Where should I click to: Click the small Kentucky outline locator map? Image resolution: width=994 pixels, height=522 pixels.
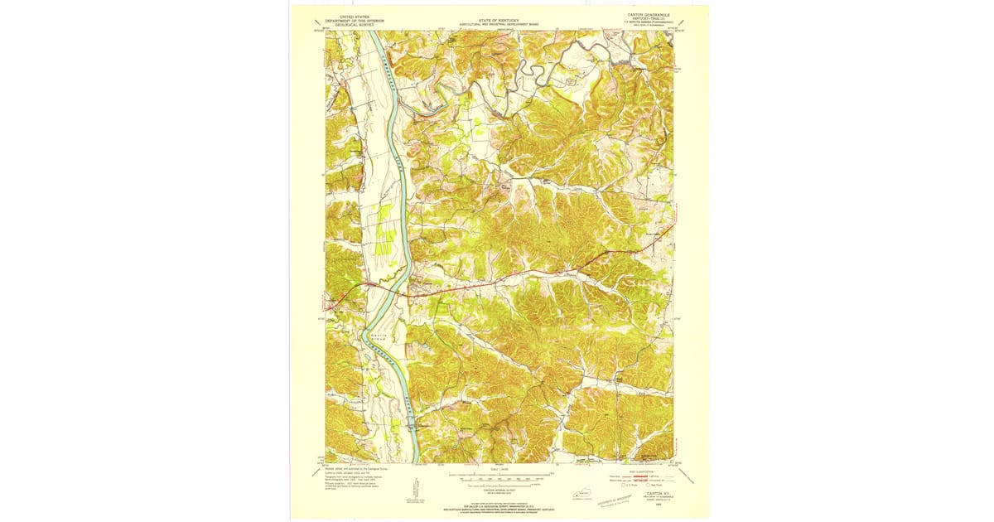(577, 495)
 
